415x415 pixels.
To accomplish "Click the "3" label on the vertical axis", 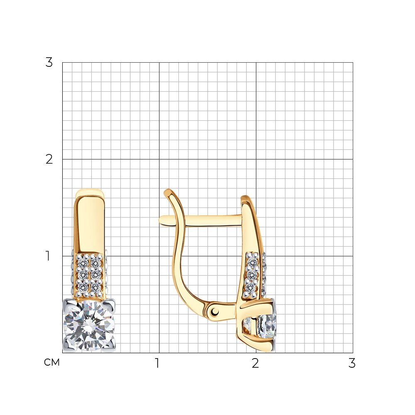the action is tap(49, 63).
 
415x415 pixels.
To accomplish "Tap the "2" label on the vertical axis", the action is tap(49, 159).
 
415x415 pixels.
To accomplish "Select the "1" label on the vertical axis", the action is tap(48, 256).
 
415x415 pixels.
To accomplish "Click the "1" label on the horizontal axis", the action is tap(157, 363).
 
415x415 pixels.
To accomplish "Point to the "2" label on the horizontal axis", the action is tap(255, 363).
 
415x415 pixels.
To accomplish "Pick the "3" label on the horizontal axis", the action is tap(352, 363).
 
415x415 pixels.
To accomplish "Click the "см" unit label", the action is tap(52, 362).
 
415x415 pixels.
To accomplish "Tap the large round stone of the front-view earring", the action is tap(89, 325).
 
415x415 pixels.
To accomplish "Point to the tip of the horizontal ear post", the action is tap(160, 221).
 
